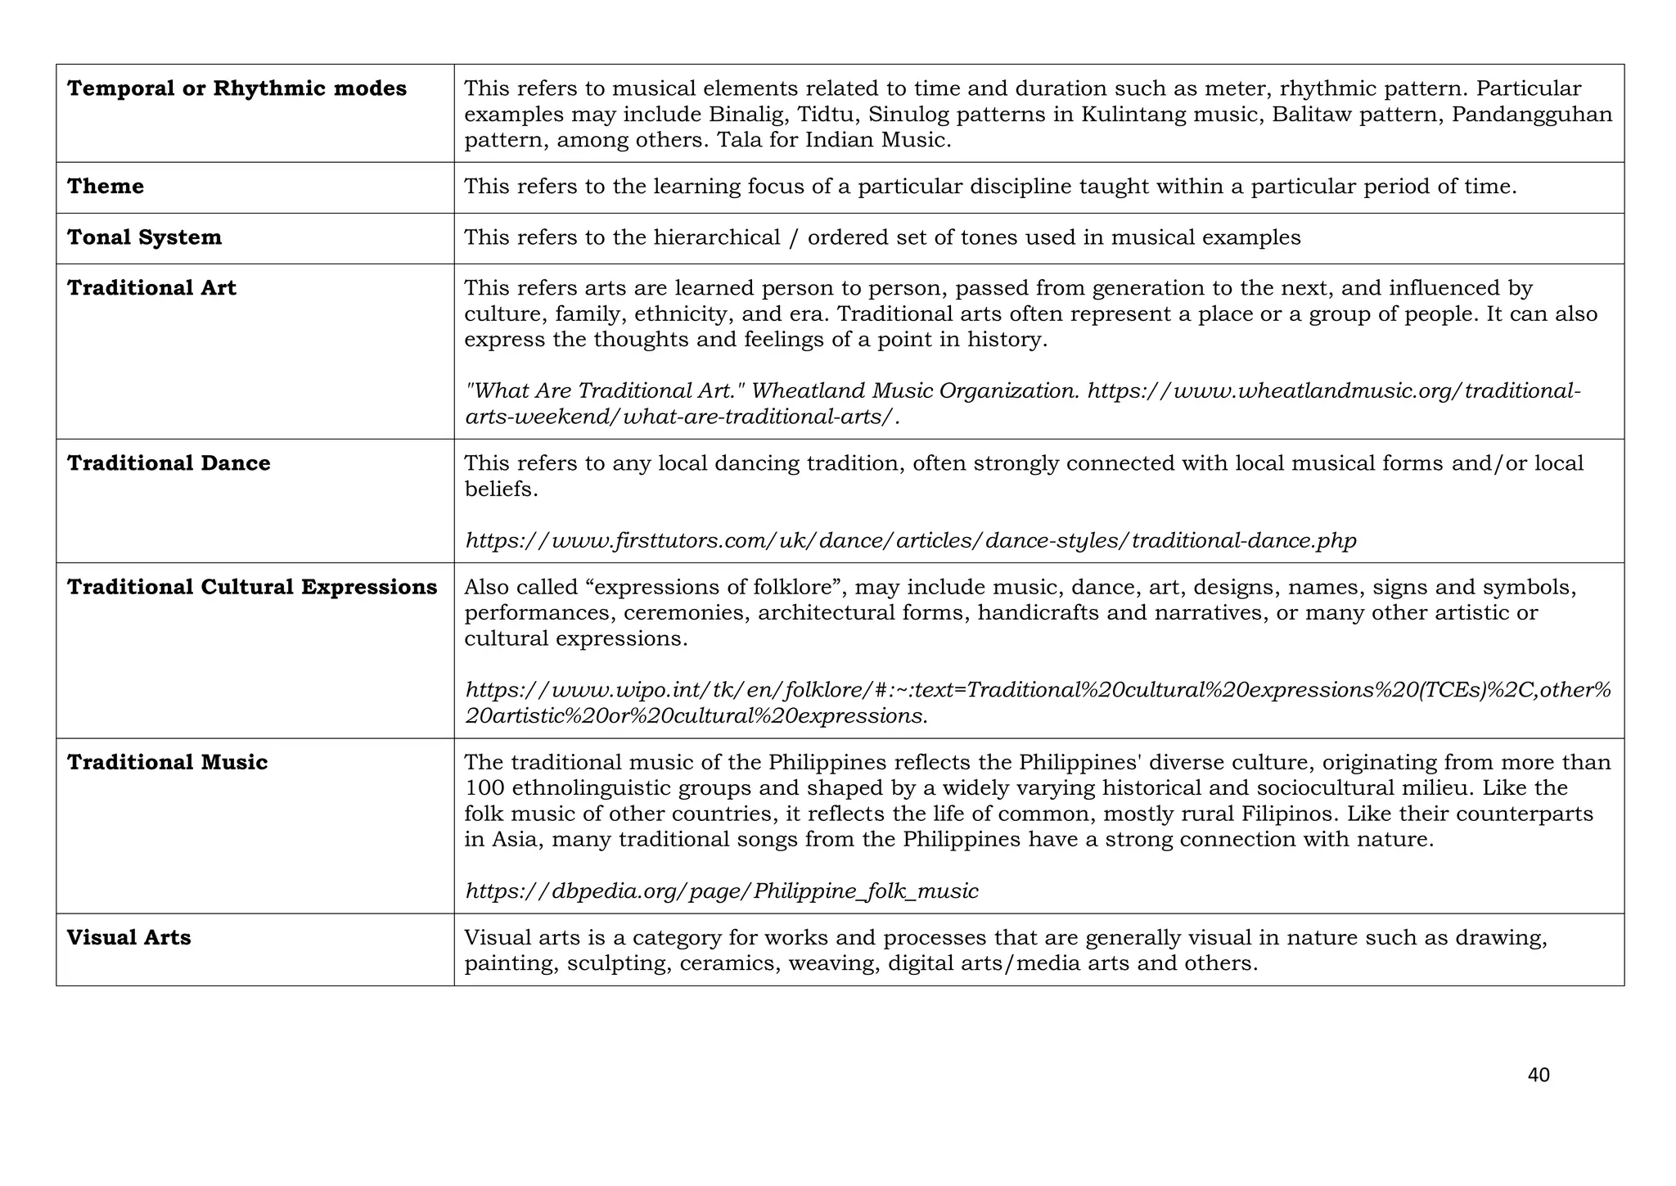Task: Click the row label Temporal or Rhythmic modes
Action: click(x=237, y=88)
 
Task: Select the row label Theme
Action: click(x=106, y=187)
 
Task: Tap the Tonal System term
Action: click(x=144, y=237)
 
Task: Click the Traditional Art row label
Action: click(x=151, y=288)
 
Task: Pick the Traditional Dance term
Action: click(x=169, y=463)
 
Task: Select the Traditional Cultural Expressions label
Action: click(x=252, y=587)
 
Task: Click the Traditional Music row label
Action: click(x=167, y=762)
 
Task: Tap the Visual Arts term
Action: click(x=128, y=937)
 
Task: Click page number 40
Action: click(x=1538, y=1076)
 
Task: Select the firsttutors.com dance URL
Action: click(x=910, y=541)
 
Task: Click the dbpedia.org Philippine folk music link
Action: click(x=721, y=891)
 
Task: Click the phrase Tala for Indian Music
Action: click(x=834, y=140)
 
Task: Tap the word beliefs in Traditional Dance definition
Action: click(x=501, y=489)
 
